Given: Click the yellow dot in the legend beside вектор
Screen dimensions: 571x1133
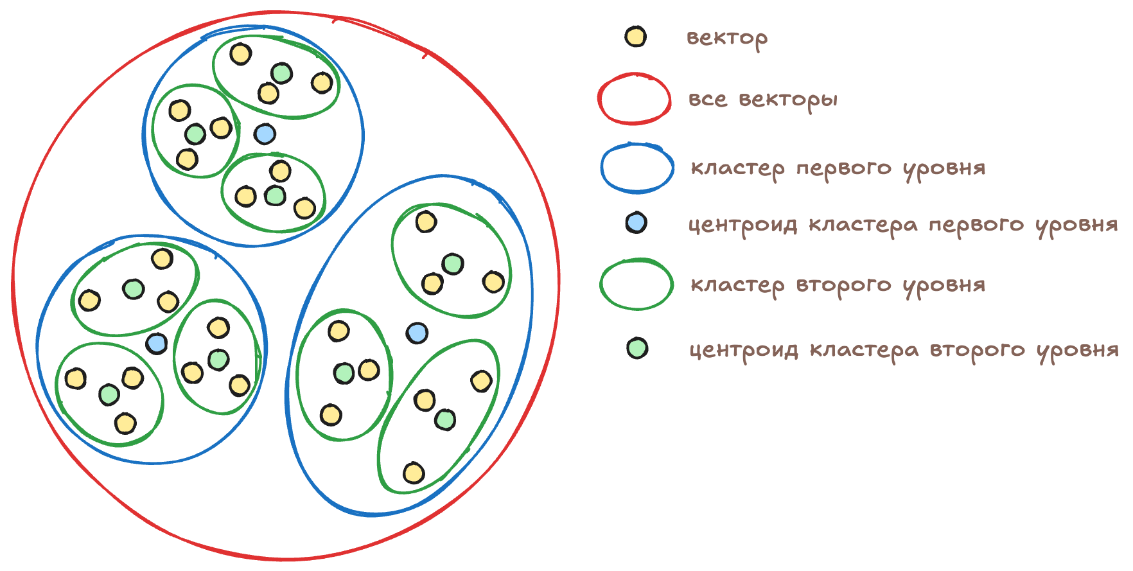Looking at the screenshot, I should (x=635, y=37).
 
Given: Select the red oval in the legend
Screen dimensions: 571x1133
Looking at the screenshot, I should (x=635, y=99).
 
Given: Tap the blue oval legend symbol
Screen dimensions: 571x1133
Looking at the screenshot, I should (x=637, y=168).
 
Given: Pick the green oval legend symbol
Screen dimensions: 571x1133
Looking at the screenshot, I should (x=637, y=285).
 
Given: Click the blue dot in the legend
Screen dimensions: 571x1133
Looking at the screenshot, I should (x=635, y=223).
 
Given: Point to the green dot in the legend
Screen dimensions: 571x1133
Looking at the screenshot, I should (x=637, y=348).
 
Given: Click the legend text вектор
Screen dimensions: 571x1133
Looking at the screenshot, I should (x=726, y=38).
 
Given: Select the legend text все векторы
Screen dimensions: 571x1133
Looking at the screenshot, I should (x=762, y=100).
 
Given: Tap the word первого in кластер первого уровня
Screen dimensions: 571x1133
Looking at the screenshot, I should (x=843, y=169).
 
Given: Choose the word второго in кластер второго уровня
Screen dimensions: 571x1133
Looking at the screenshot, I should (x=843, y=285).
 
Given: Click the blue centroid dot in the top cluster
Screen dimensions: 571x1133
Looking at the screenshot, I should (x=265, y=134).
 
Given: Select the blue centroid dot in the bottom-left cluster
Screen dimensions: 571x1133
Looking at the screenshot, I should (x=157, y=344).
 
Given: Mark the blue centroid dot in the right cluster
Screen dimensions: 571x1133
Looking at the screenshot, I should (x=417, y=333).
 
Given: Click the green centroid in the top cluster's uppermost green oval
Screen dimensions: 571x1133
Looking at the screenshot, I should (x=281, y=73).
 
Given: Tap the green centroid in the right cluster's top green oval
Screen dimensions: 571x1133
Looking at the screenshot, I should (x=453, y=263).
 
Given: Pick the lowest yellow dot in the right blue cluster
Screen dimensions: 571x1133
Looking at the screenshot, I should (x=414, y=473).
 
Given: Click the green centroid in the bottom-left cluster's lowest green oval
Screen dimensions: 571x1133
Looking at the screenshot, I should (x=109, y=394).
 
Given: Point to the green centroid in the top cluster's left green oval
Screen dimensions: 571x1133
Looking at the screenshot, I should (x=195, y=134).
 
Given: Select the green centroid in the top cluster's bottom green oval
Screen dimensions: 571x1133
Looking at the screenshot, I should (x=275, y=195).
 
